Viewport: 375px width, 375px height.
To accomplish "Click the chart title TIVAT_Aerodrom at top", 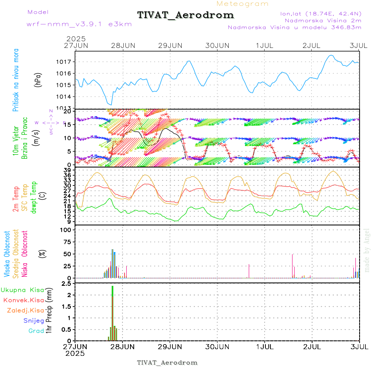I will [x=185, y=15].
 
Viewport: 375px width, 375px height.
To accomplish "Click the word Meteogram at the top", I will [x=242, y=4].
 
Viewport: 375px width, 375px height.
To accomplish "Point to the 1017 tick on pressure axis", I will [x=67, y=62].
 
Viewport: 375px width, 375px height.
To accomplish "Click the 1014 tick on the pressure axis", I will [x=67, y=97].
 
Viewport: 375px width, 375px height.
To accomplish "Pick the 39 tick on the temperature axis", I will [x=68, y=170].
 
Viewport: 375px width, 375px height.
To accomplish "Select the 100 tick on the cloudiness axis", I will [x=67, y=230].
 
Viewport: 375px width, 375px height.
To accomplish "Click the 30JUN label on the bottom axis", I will [x=217, y=346].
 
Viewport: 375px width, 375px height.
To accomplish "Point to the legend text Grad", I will [x=36, y=331].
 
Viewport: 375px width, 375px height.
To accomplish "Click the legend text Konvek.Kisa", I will [x=23, y=300].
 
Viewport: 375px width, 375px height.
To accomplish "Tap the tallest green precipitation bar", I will [x=112, y=308].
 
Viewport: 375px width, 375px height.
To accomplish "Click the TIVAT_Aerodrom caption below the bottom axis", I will [x=167, y=362].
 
